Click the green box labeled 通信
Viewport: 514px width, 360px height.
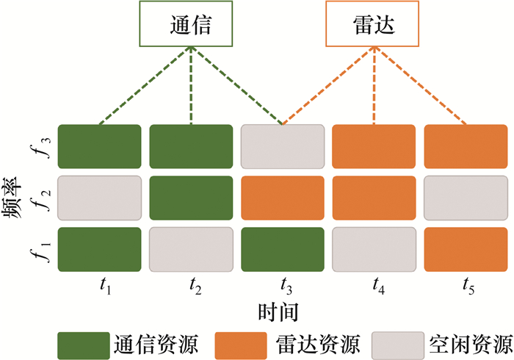point(190,26)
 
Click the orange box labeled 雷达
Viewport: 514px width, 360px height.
point(374,26)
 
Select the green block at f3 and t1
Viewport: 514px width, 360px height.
point(98,148)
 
